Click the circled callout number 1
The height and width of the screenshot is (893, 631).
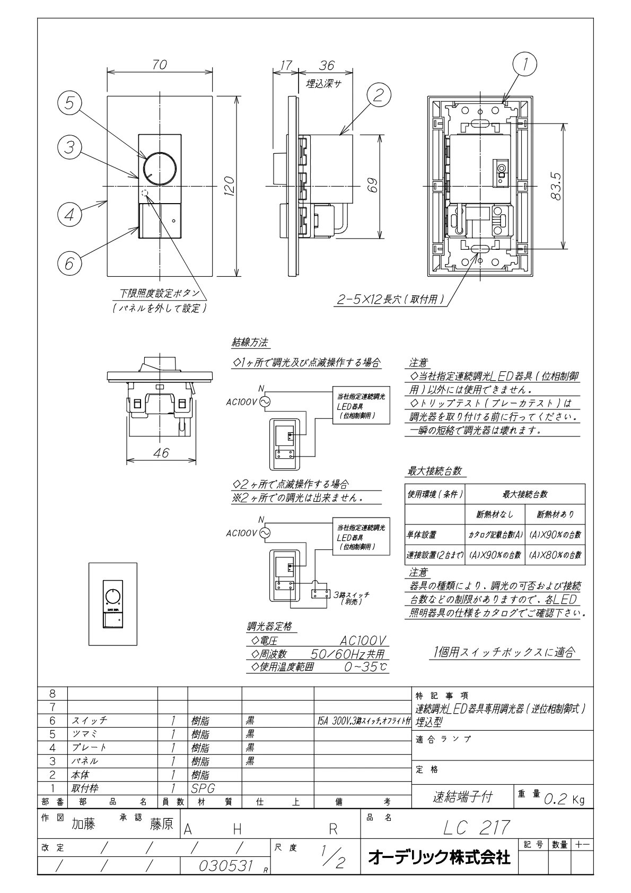(x=525, y=65)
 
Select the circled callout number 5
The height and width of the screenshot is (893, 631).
(x=69, y=104)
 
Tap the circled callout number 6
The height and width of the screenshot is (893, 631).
(x=69, y=263)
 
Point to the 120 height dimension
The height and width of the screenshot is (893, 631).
(x=229, y=187)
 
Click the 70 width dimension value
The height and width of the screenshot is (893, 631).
(x=160, y=65)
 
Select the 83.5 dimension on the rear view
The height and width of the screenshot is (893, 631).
(x=556, y=186)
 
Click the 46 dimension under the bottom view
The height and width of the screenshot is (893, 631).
(x=161, y=453)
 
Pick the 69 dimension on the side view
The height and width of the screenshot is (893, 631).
(x=373, y=187)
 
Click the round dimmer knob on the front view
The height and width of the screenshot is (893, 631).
(x=160, y=168)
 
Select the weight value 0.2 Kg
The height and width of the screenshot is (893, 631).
(x=564, y=799)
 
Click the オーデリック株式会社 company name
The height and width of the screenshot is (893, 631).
(x=439, y=856)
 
